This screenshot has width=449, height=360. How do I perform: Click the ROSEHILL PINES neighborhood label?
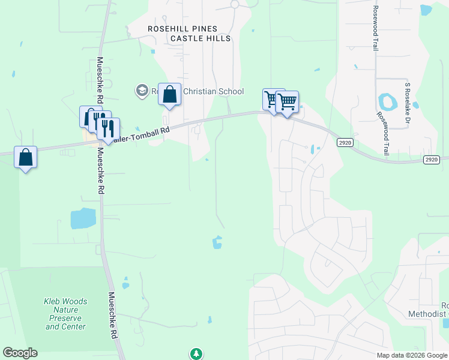click(x=182, y=28)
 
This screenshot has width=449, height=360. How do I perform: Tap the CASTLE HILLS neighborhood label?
click(x=200, y=38)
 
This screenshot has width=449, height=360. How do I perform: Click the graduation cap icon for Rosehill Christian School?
click(x=142, y=91)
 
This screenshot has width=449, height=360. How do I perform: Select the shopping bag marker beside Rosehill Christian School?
click(x=170, y=95)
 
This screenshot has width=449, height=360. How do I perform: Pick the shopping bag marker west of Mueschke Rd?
click(x=25, y=157)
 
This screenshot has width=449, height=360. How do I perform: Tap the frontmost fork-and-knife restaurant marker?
click(x=108, y=128)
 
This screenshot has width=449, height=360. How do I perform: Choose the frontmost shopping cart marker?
click(x=288, y=102)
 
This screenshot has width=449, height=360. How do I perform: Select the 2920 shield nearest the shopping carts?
click(x=345, y=142)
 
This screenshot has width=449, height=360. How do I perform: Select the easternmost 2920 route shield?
click(x=431, y=159)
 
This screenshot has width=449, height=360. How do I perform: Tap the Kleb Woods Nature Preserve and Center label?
click(x=65, y=314)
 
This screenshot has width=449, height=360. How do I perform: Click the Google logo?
click(x=20, y=353)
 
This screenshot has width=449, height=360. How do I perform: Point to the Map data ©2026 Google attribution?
click(x=412, y=355)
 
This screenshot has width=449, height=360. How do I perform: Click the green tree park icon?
click(x=196, y=353)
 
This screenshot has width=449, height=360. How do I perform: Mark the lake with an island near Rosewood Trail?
click(x=387, y=101)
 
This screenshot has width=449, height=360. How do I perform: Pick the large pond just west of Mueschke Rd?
click(x=83, y=218)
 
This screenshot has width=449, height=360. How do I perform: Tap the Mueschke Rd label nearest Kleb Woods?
click(x=112, y=315)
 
